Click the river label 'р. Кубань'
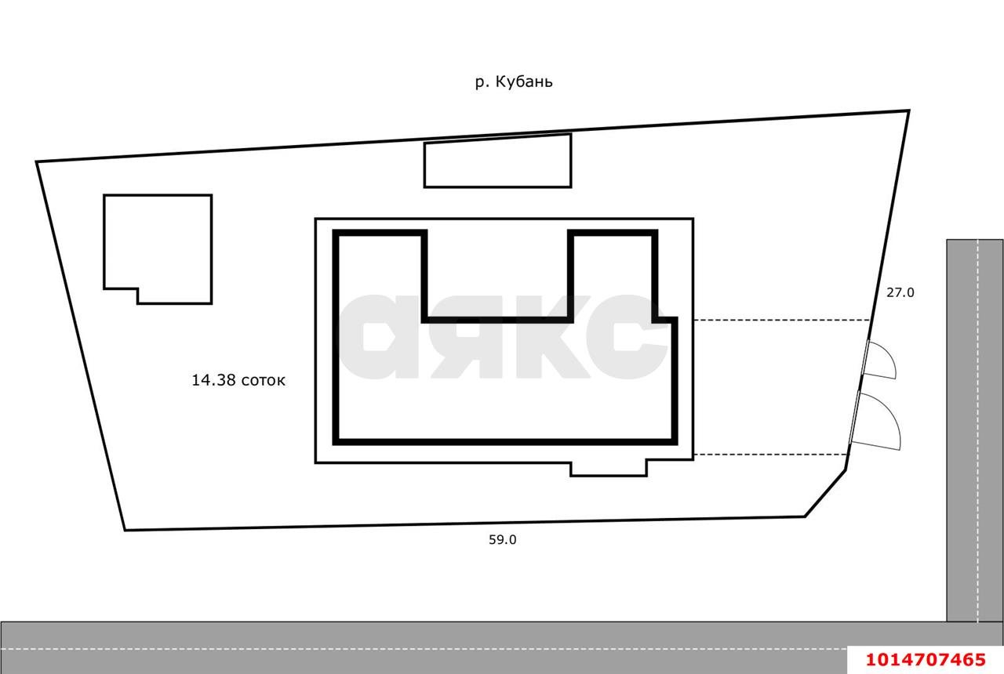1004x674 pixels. (514, 82)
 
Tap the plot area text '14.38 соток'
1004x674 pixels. (238, 380)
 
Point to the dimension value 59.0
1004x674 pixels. (503, 540)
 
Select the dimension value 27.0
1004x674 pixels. (900, 292)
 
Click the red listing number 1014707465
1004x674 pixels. (926, 660)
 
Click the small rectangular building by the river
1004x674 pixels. (497, 161)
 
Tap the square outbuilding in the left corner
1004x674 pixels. (158, 249)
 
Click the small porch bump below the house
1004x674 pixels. (609, 469)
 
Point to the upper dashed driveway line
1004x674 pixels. (782, 321)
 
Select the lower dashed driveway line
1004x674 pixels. (771, 455)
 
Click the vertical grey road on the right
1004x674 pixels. (975, 430)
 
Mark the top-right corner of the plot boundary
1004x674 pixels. (909, 111)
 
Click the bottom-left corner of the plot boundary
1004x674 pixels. (125, 531)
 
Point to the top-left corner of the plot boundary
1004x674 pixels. (36, 161)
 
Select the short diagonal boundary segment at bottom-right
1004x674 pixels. (826, 493)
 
